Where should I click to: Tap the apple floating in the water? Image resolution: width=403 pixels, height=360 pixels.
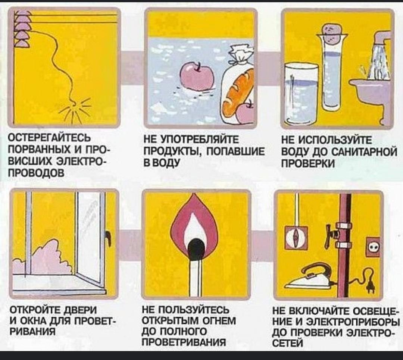tap(197, 76)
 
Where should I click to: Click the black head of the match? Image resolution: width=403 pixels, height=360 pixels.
tap(197, 248)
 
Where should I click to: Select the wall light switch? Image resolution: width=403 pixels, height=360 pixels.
tap(296, 237)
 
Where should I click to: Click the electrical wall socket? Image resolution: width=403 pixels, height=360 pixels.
tap(372, 247)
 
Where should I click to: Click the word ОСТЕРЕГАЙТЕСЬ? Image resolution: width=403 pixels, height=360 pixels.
tap(50, 138)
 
